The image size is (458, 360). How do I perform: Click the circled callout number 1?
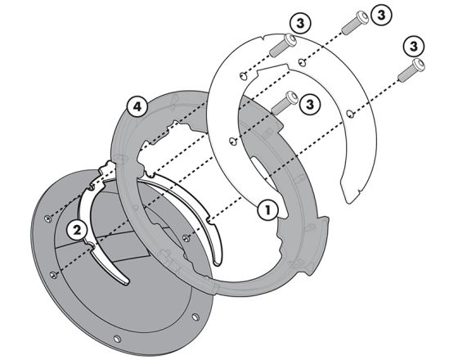[x=268, y=209]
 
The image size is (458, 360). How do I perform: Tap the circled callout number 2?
[x=77, y=230]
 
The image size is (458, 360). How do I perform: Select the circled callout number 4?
[x=137, y=107]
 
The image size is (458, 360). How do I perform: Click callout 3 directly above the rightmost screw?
[x=413, y=46]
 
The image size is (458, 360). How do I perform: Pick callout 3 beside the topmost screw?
[x=381, y=15]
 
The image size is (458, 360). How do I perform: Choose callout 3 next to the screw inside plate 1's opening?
[x=310, y=104]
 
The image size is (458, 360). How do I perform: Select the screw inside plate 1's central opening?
[x=285, y=102]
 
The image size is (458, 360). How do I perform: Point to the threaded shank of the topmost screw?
[x=350, y=25]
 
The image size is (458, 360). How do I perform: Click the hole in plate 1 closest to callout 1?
[x=231, y=141]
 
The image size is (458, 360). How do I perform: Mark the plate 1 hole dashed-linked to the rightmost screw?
[x=350, y=114]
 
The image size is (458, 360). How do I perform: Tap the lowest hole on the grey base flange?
[x=117, y=339]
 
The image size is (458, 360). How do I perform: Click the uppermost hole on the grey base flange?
[x=48, y=218]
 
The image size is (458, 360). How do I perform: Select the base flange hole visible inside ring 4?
[x=186, y=238]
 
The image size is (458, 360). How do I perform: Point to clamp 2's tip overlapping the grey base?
[x=125, y=281]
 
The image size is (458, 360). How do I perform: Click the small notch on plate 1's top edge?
[x=263, y=38]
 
